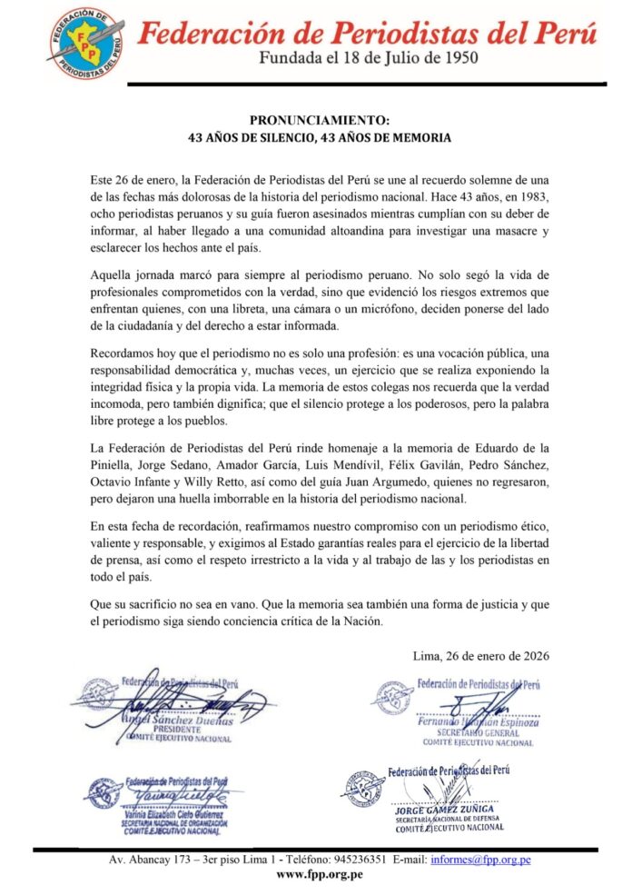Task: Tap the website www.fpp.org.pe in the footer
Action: pos(319,874)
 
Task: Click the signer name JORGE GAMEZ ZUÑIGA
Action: pos(444,808)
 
